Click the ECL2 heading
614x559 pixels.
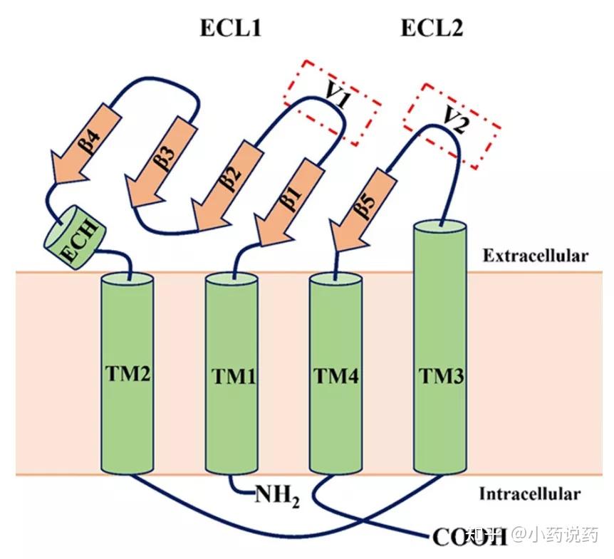432,28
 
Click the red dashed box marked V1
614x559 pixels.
331,103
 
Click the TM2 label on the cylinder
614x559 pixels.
127,372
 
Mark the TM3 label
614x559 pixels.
441,375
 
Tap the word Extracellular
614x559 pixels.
535,256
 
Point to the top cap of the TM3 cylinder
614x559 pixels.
440,226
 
